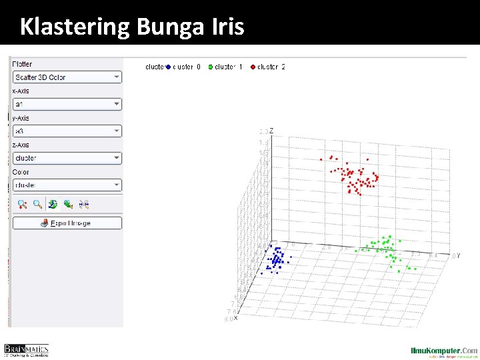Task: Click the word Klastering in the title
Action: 75,27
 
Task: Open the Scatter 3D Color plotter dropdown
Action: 67,77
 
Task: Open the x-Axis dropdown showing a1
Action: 67,104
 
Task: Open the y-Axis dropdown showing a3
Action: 67,131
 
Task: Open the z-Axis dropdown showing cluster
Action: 67,158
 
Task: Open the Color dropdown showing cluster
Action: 67,185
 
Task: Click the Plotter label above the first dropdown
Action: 22,64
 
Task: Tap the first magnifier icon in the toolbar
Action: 22,205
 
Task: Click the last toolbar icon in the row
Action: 85,205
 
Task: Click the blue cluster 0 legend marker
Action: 169,67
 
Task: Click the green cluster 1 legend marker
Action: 211,67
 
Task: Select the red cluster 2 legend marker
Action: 253,67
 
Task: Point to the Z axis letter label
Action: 271,131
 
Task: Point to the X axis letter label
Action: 235,318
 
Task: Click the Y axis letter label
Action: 458,255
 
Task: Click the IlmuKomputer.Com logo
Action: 443,351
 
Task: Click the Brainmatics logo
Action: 27,350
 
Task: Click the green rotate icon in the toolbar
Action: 53,205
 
